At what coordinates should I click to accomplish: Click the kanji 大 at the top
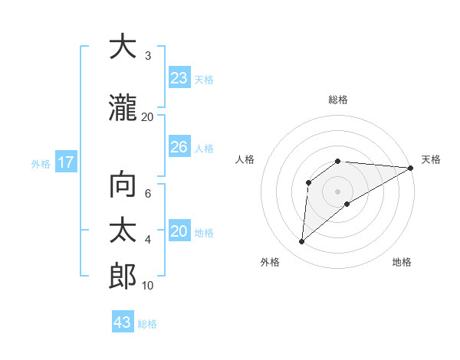coord(123,47)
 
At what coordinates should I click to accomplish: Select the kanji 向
coord(123,185)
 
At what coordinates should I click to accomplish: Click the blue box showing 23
coord(179,78)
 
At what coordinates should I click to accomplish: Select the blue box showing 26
coord(179,147)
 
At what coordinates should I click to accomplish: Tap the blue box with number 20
coord(179,231)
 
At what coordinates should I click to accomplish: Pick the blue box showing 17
coord(65,162)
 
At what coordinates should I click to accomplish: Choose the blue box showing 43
coord(123,322)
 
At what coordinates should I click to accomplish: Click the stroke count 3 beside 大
coord(148,56)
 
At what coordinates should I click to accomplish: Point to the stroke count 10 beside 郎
coord(148,286)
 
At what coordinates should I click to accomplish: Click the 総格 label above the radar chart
coord(338,100)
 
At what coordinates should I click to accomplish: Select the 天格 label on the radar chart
coord(431,159)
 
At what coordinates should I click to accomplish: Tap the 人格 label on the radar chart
coord(245,159)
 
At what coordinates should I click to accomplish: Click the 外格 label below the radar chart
coord(270,263)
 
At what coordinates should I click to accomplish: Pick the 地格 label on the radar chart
coord(402,263)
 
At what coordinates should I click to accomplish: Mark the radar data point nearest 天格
coord(411,168)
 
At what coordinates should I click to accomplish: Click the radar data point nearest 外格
coord(301,242)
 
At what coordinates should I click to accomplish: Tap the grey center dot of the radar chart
coord(337,191)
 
